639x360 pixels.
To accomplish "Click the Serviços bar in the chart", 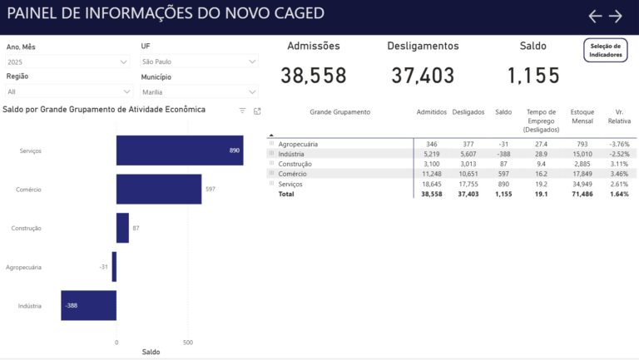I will coord(179,150).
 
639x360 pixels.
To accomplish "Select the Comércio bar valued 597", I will coord(158,189).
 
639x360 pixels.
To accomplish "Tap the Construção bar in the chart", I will coord(122,228).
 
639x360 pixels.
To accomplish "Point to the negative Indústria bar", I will coord(88,305).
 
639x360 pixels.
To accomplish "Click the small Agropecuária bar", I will coord(114,267).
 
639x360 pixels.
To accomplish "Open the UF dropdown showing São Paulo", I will coord(199,62).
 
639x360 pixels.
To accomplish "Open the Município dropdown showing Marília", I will coord(199,91).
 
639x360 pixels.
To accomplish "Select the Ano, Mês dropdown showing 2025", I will coord(67,62).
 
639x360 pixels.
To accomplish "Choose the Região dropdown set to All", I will coord(67,91).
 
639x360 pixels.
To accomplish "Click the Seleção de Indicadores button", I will coord(605,50).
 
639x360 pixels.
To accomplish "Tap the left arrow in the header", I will coord(594,16).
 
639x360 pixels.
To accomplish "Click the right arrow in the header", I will coord(616,16).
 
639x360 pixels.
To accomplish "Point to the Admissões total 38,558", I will coord(313,76).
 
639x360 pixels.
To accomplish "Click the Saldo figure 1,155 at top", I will coord(533,76).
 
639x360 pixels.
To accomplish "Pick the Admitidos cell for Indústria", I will coord(431,154).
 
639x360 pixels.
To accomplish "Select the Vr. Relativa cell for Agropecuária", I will coord(618,144).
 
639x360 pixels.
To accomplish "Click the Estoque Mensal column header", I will coord(582,116).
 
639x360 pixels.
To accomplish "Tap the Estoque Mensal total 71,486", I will coord(582,193).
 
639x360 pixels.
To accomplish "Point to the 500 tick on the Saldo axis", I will coord(188,342).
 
